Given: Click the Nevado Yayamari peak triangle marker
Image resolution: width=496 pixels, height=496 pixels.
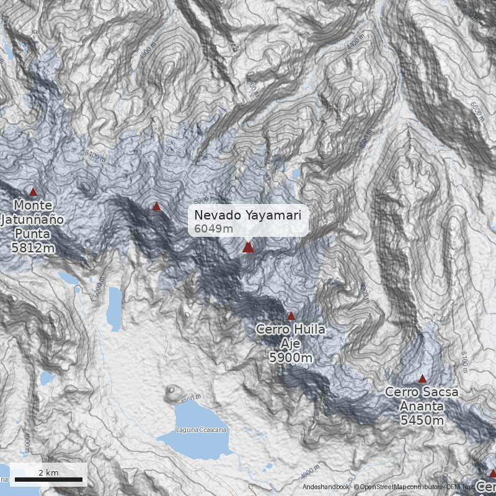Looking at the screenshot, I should point(248,247).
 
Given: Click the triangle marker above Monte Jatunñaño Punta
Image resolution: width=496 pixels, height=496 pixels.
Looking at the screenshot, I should point(33,192).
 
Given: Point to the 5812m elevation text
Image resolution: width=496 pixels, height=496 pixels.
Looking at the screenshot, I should point(32,248).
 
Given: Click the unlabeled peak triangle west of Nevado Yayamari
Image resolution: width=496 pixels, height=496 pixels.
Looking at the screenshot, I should point(156,206).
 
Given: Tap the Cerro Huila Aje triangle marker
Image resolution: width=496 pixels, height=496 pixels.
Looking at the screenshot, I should point(291,316).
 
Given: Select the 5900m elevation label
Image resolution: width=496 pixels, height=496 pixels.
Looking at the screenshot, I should point(290,357).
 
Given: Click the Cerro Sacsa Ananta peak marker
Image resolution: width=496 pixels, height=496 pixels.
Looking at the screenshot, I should point(422,379).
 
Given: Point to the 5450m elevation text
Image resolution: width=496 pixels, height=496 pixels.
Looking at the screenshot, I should point(422,420).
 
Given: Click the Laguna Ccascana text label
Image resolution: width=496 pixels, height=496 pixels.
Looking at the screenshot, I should point(201,430).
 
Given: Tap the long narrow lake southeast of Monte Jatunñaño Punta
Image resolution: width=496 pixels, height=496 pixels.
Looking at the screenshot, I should point(114,308).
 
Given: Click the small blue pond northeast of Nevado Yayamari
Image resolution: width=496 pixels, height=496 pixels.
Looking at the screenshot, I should point(296,174).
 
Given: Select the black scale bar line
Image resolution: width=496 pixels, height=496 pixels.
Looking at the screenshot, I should point(48,479).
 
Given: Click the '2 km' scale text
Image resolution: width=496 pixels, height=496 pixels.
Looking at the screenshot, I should point(48,472).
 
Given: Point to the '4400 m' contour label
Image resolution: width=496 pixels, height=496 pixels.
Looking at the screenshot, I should point(355,44).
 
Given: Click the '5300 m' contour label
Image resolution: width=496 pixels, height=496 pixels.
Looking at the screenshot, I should point(205,201).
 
